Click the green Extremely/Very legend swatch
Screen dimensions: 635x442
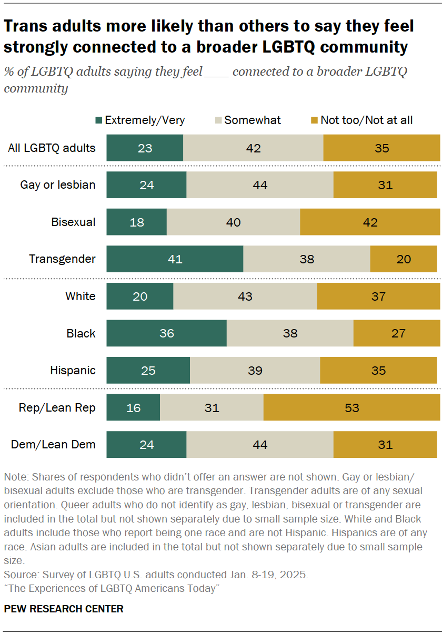click(98, 120)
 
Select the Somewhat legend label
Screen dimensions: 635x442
click(253, 120)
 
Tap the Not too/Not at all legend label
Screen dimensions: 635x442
click(366, 120)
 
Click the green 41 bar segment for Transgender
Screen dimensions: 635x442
click(175, 259)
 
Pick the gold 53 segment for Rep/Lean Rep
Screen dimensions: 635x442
click(351, 408)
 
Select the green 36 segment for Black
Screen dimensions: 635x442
click(166, 333)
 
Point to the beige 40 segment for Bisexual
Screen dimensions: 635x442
click(233, 222)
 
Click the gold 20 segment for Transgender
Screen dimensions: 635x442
click(403, 259)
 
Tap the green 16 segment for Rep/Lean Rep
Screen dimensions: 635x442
click(133, 408)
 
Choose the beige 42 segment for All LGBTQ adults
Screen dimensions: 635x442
click(253, 148)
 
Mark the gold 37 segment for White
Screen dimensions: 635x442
click(378, 296)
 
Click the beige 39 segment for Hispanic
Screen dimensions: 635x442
click(255, 371)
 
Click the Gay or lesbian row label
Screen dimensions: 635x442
click(58, 185)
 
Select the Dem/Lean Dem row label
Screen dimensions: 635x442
click(53, 445)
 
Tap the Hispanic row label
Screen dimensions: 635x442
click(73, 371)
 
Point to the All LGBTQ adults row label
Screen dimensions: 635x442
click(52, 148)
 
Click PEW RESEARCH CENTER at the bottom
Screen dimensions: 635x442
click(64, 609)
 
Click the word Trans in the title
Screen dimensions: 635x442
click(26, 26)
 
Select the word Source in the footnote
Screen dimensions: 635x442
click(20, 575)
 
